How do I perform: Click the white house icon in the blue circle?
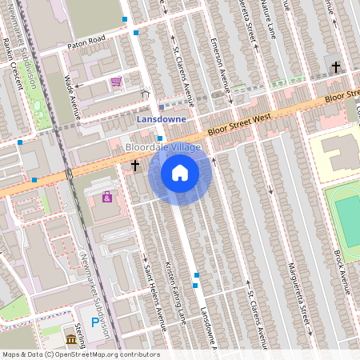pyautogui.click(x=180, y=173)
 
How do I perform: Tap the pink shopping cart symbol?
pyautogui.click(x=117, y=82)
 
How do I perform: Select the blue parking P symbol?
pyautogui.click(x=95, y=324)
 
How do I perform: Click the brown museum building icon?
pyautogui.click(x=72, y=340)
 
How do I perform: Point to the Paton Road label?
pyautogui.click(x=86, y=39)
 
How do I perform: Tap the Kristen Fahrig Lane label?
pyautogui.click(x=174, y=292)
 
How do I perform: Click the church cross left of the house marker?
pyautogui.click(x=135, y=166)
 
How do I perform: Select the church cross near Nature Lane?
pyautogui.click(x=336, y=67)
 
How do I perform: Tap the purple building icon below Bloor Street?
pyautogui.click(x=106, y=196)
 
